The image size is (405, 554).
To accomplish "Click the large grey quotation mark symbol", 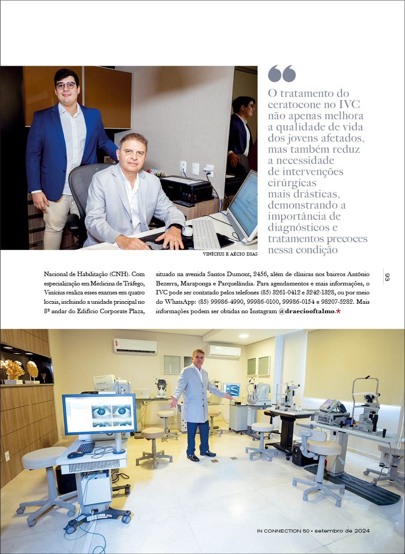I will point(282,74).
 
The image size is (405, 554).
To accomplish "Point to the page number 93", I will point(387,277).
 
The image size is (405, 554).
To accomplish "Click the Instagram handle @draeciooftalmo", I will point(306,311).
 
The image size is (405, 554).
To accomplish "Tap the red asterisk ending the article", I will point(338,311).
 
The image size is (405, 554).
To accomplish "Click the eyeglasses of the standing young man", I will point(66,85).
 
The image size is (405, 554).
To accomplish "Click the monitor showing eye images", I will point(99,414).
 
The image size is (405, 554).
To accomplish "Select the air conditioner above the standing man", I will point(224,351).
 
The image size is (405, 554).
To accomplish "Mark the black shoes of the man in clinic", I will point(200,455).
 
